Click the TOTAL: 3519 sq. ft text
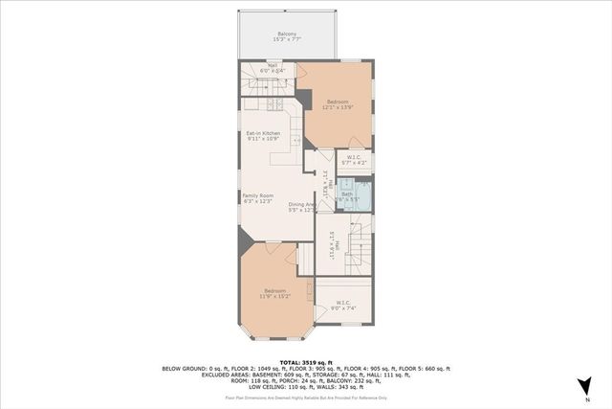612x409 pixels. click(x=305, y=361)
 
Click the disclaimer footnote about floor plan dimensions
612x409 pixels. click(x=305, y=396)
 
